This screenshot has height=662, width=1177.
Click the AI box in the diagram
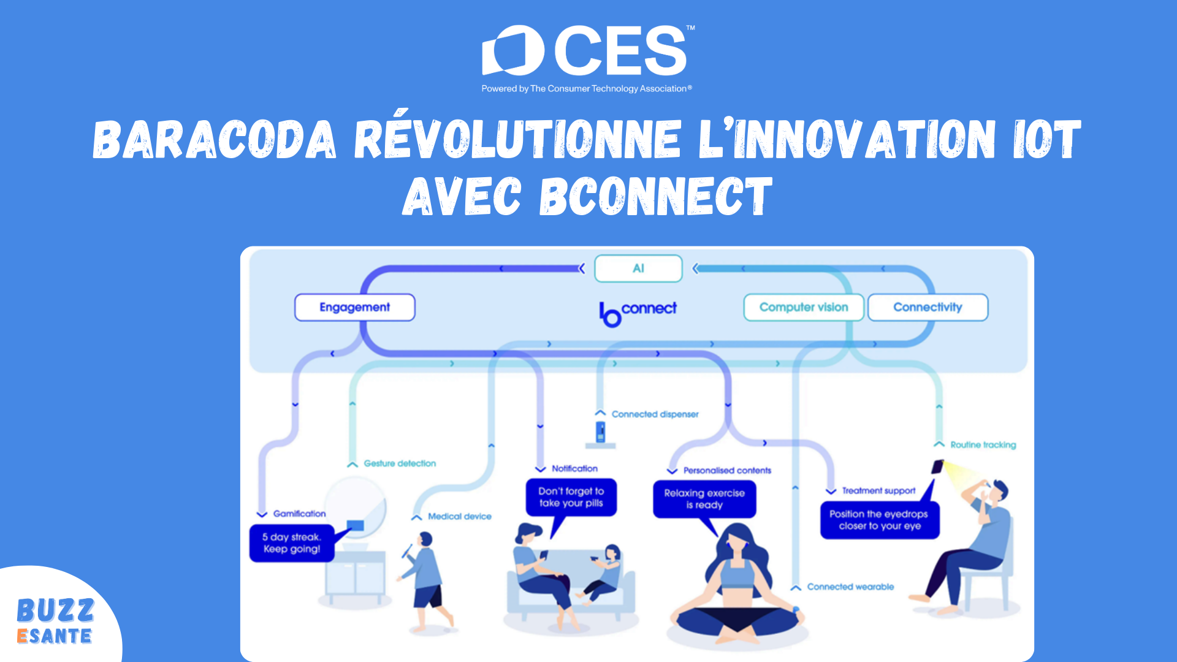(638, 268)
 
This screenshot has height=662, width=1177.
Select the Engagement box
(354, 307)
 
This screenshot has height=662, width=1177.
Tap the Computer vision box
(804, 307)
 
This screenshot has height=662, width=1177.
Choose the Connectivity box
(928, 307)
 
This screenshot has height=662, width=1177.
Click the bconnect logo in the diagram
(638, 313)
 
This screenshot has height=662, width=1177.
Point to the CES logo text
(620, 50)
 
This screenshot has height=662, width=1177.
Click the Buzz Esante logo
(55, 621)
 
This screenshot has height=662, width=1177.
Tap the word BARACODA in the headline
(215, 140)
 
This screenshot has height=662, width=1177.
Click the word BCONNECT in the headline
(655, 197)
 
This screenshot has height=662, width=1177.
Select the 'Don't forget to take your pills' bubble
(571, 497)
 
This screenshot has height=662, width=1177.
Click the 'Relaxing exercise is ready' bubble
(704, 499)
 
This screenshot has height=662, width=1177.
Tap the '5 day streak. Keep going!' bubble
(292, 543)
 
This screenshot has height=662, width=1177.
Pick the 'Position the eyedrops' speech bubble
(879, 520)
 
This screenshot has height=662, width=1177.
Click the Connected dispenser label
(655, 414)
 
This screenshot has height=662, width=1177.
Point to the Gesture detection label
(400, 463)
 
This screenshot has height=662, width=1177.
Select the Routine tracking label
(983, 445)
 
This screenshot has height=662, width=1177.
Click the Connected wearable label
(850, 587)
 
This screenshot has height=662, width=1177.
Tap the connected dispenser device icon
(601, 432)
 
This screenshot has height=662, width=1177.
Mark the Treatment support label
(878, 491)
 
